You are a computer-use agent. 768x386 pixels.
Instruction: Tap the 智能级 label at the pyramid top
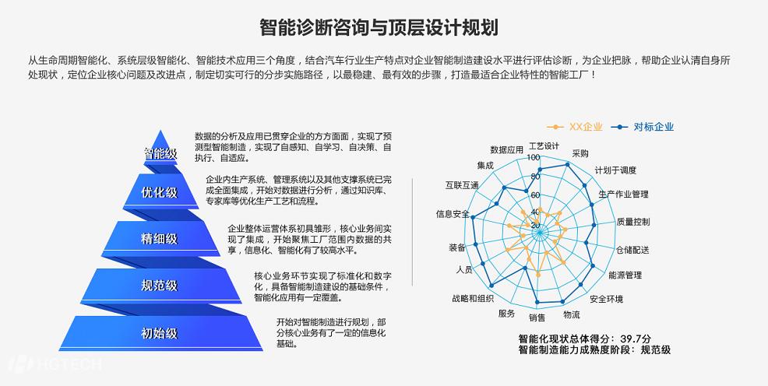[x=160, y=153]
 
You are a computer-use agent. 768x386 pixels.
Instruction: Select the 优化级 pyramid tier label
[x=159, y=193]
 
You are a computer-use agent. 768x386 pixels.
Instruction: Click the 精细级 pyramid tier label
[x=159, y=238]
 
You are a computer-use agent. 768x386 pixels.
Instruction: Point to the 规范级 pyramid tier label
[x=159, y=286]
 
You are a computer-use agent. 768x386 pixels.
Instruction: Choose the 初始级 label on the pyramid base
[x=159, y=333]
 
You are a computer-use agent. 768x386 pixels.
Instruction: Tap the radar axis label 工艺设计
[x=544, y=146]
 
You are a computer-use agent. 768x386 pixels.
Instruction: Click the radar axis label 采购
[x=580, y=153]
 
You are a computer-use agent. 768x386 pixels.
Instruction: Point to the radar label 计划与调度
[x=615, y=170]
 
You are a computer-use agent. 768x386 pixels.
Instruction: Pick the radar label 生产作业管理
[x=623, y=194]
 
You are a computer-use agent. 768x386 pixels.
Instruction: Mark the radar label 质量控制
[x=632, y=222]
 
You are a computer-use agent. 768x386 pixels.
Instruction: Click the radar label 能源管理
[x=625, y=275]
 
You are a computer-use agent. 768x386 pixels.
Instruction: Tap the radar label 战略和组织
[x=472, y=298]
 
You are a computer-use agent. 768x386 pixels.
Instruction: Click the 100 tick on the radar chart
[x=533, y=158]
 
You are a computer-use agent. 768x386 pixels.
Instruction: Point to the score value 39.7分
[x=636, y=339]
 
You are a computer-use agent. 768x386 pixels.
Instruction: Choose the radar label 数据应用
[x=506, y=149]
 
